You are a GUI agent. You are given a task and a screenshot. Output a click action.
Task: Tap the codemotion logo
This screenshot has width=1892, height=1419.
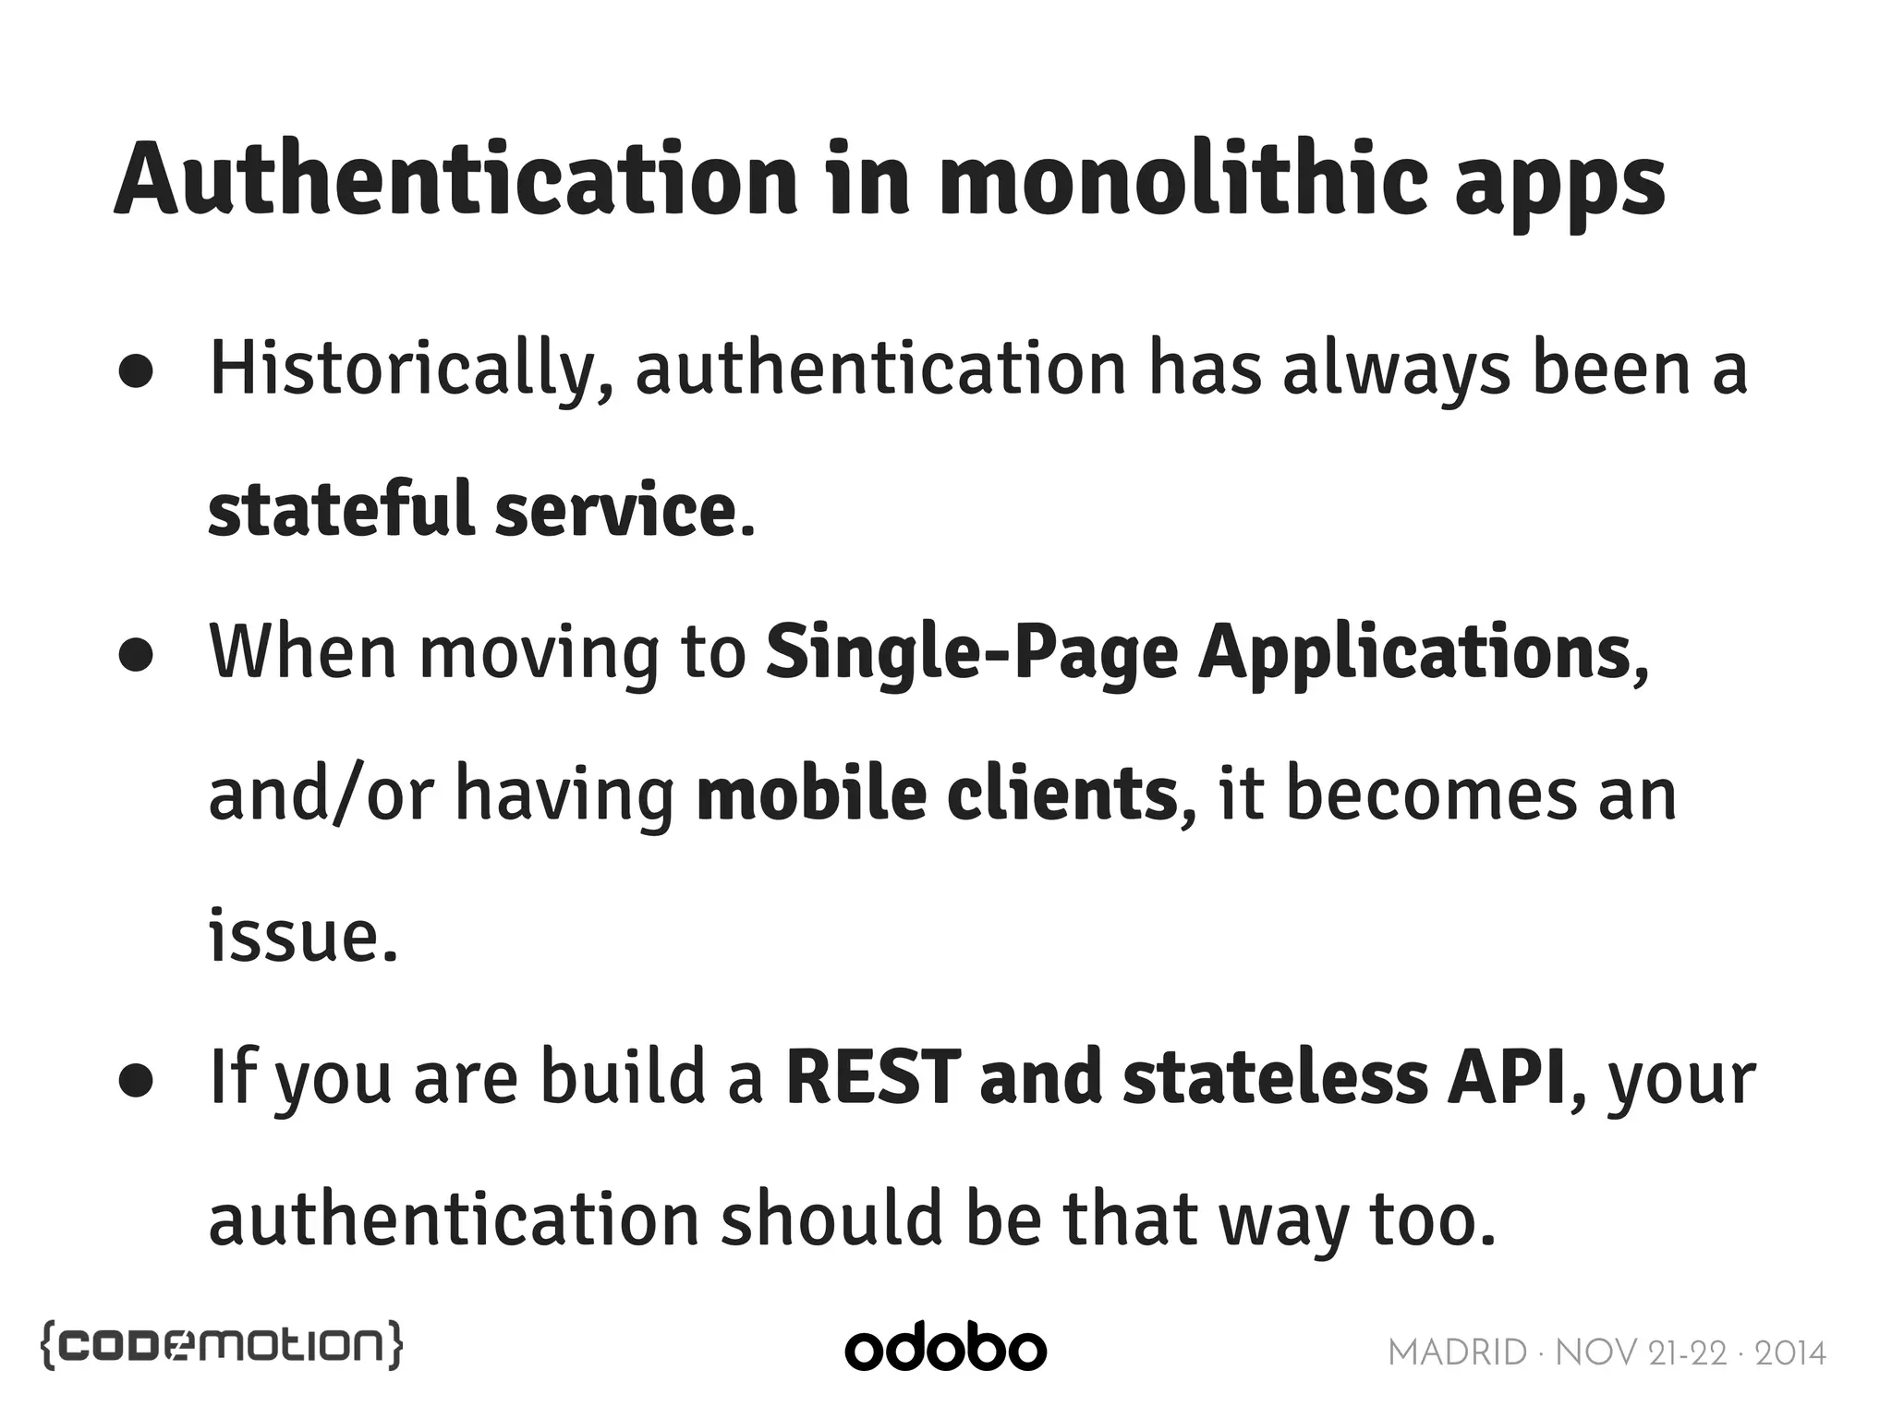(222, 1345)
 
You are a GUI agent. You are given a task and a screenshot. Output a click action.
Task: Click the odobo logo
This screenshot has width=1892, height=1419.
(945, 1349)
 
